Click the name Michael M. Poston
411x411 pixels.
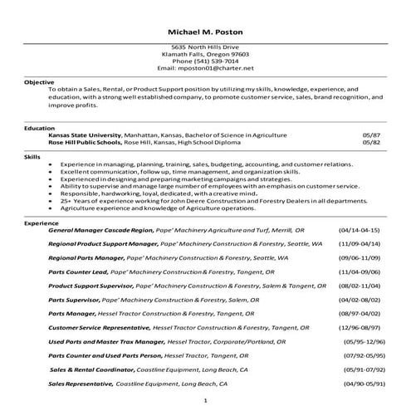click(205, 32)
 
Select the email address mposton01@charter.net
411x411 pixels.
click(217, 67)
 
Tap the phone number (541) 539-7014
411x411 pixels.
click(205, 61)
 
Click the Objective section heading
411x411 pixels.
click(39, 82)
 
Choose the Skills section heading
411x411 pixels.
click(32, 156)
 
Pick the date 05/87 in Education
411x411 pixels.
click(370, 135)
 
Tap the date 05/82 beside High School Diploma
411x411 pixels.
click(370, 142)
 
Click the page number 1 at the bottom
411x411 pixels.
click(205, 401)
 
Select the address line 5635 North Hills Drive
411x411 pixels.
click(205, 47)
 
